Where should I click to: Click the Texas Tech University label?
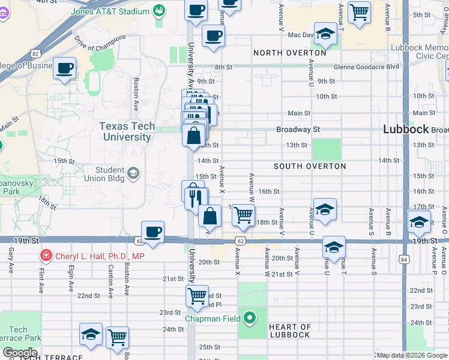127,131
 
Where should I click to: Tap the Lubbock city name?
406,129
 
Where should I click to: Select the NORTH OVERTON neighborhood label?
289,53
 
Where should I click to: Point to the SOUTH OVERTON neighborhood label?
310,166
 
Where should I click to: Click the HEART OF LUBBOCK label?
290,331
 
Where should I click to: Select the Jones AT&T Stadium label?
110,11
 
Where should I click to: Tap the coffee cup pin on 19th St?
153,232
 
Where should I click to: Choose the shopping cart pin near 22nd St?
197,296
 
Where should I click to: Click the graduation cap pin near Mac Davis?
325,34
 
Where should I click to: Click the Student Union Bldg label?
106,174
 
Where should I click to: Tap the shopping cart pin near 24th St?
118,337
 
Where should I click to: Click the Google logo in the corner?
20,353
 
